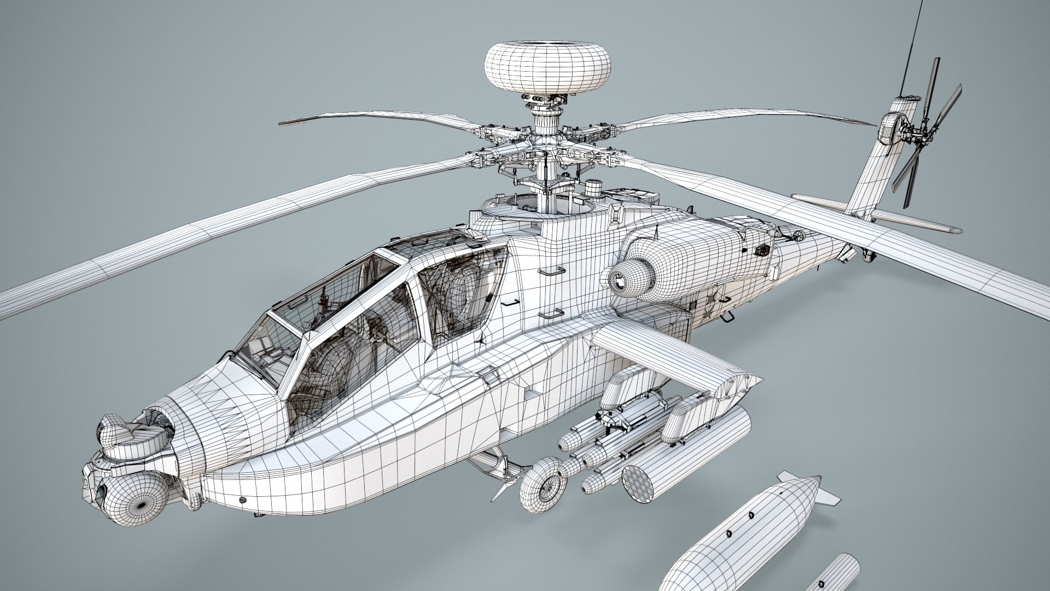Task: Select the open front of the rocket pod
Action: click(641, 480)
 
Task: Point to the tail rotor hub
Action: click(912, 131)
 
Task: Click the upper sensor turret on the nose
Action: click(112, 430)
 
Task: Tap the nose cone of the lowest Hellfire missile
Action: click(590, 484)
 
